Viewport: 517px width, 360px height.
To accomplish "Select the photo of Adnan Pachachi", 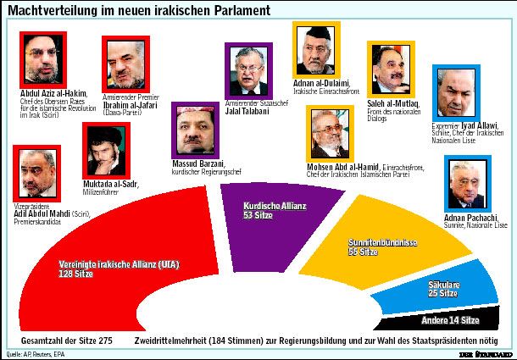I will [x=468, y=183].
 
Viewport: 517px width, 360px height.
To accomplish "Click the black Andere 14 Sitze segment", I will [x=449, y=320].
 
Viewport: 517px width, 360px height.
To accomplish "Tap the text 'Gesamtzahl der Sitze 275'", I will [x=69, y=340].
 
